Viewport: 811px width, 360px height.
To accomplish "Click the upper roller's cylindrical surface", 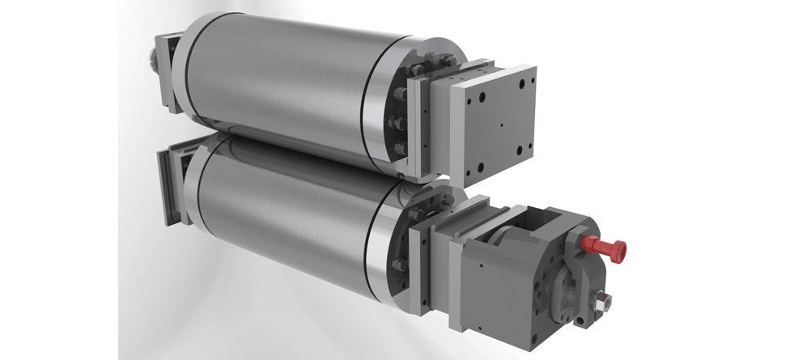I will [x=275, y=81].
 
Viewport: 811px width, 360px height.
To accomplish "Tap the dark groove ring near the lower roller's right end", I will [x=373, y=243].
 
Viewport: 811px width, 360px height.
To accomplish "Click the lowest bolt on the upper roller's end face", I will [x=399, y=148].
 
